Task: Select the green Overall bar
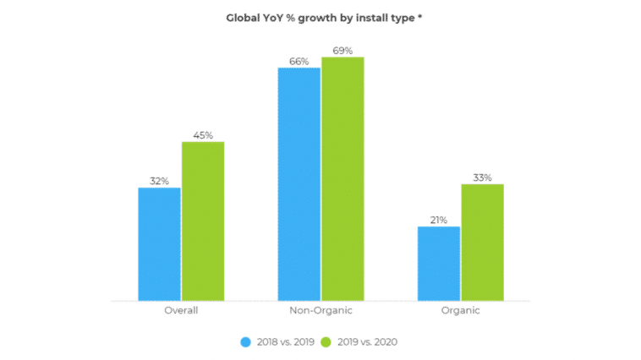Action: pos(203,221)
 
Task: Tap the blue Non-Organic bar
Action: pos(299,183)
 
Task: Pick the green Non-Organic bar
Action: pos(342,178)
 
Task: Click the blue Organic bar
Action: pos(439,263)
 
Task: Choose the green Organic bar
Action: pos(482,242)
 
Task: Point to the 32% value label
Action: pos(159,181)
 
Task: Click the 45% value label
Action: pos(203,135)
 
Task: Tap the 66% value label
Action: pos(299,62)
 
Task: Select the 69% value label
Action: pos(342,51)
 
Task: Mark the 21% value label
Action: pos(439,220)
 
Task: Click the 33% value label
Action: pos(482,177)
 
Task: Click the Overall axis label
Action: pos(181,311)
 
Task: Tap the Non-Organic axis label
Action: pos(320,311)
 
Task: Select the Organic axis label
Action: pos(460,311)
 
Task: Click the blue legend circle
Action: pos(246,342)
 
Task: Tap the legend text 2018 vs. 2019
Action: pos(284,342)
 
